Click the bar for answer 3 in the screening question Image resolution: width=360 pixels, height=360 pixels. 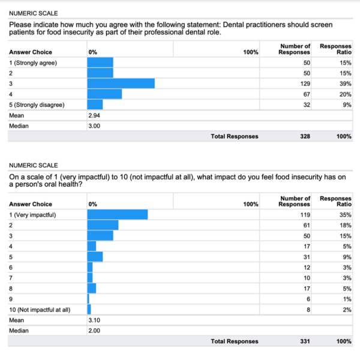tap(121, 83)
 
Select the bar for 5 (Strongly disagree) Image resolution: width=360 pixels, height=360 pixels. tap(95, 104)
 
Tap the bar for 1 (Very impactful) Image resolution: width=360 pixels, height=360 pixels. tap(118, 214)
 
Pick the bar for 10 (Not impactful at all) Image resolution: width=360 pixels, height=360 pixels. tap(89, 309)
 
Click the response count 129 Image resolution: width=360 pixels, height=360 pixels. tap(305, 83)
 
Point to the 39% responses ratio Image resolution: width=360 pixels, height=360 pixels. tap(346, 83)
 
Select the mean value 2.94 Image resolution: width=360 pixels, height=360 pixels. tap(94, 115)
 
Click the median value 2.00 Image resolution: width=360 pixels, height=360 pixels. tap(94, 331)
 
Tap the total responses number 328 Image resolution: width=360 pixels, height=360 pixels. tap(305, 136)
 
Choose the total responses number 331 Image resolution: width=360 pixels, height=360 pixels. tap(305, 341)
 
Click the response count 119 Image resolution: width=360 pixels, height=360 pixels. tap(305, 215)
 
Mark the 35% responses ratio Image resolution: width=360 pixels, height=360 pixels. tap(346, 215)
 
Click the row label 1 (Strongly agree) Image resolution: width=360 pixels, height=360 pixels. tap(33, 63)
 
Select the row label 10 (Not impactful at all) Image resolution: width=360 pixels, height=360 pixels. tap(40, 310)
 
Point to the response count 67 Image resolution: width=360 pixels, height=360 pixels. tap(307, 94)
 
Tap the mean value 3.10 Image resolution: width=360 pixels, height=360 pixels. tap(94, 320)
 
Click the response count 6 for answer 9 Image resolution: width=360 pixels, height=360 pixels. tap(308, 299)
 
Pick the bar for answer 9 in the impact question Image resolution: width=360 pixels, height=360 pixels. tap(88, 299)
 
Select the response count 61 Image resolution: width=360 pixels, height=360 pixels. tap(307, 226)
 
